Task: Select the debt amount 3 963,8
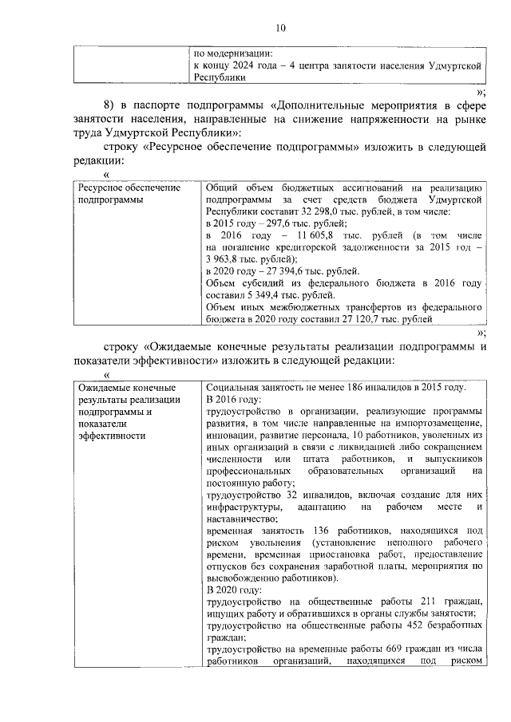tap(226, 259)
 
